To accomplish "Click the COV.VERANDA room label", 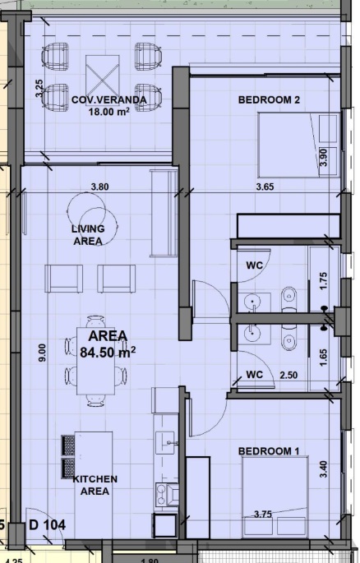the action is pos(109,99).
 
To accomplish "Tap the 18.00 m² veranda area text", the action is pos(109,111).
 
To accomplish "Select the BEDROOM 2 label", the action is pos(269,99).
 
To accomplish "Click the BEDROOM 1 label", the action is pos(269,451).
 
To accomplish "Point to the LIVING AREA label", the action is pos(88,235).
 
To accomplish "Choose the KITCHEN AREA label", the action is pos(95,485).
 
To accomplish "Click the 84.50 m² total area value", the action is pos(108,353).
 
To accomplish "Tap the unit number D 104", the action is pos(48,525).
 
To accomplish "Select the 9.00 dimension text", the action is pos(43,353).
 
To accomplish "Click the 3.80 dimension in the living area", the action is pos(99,187).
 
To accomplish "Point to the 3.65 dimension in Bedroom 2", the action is pos(265,187).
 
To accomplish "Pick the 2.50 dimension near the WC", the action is pos(288,376).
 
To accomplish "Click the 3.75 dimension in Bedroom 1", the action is pos(263,515).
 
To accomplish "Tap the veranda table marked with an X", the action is pos(103,76).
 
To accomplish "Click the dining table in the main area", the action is pos(96,361).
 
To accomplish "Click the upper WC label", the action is pos(255,265).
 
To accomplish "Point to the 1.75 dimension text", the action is pos(323,281).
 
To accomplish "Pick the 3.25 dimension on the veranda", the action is pos(39,88).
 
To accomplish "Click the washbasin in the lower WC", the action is pos(254,333).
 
